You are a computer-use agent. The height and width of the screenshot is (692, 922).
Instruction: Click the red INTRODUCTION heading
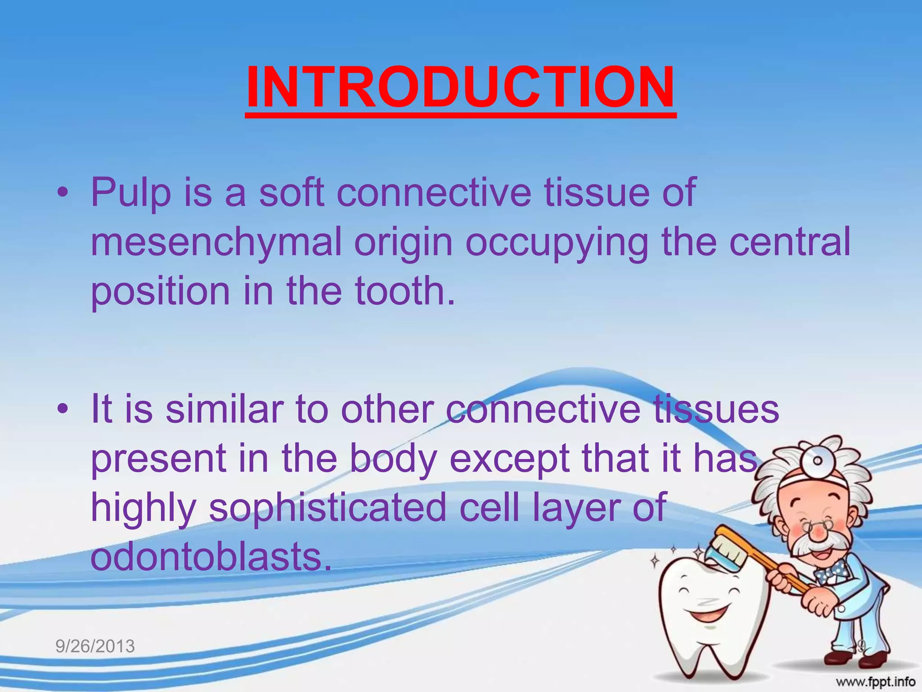point(461,88)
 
